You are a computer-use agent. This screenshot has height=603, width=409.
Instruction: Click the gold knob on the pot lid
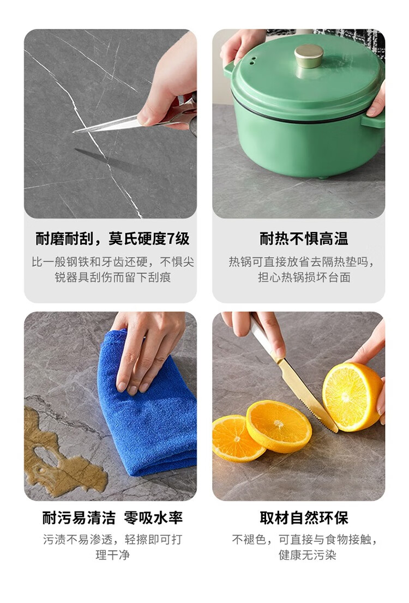click(x=309, y=56)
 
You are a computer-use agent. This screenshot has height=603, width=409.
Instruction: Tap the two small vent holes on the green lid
click(x=252, y=61)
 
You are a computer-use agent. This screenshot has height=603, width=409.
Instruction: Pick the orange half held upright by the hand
click(x=353, y=397)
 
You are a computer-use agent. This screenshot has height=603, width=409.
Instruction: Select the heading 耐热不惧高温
click(x=304, y=239)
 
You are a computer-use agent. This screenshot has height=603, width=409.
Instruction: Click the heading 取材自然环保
click(x=304, y=517)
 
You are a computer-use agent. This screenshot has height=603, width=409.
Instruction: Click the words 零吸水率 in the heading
click(x=153, y=517)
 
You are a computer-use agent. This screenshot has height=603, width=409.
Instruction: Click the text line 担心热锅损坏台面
click(x=304, y=277)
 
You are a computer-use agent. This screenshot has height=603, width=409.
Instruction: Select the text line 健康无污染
click(x=308, y=555)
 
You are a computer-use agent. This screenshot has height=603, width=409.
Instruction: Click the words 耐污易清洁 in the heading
click(x=79, y=517)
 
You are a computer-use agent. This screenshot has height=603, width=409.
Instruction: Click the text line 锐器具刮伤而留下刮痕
click(x=113, y=277)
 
